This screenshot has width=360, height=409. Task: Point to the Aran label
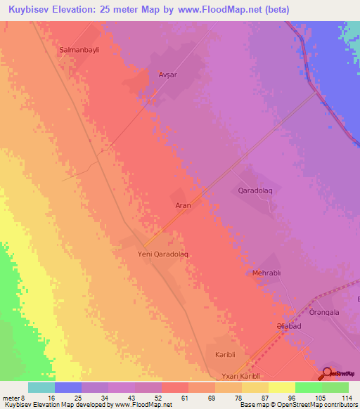click(183, 206)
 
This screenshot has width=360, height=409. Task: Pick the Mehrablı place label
click(266, 273)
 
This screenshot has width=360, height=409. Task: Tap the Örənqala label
click(324, 312)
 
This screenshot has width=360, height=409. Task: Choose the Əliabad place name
click(288, 327)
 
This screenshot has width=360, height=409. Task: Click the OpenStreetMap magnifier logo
click(327, 374)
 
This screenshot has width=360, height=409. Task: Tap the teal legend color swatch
click(41, 387)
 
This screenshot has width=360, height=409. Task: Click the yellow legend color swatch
click(281, 387)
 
